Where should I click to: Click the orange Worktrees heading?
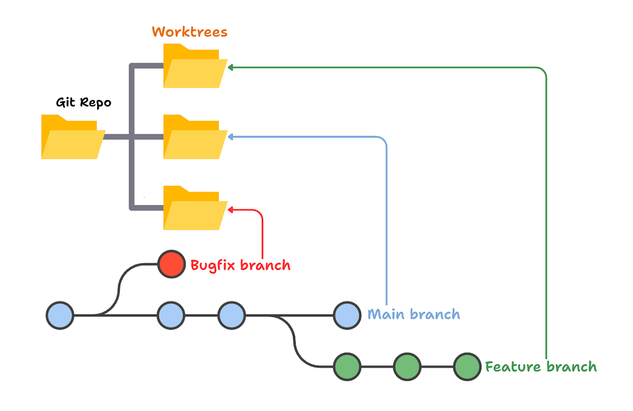coord(189,32)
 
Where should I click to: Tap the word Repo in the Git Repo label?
coord(97,102)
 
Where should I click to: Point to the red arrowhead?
coord(231,210)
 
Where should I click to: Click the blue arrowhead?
coord(231,137)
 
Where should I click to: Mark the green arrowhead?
coord(231,67)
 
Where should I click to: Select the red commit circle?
coord(172,264)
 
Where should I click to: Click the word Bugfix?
coord(213,265)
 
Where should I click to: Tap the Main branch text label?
coord(414,315)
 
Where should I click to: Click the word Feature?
coord(512,367)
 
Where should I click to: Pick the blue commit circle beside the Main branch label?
coord(347,316)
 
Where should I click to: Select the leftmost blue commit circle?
coord(60,316)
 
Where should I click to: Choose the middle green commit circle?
coord(407,367)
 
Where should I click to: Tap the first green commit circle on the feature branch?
coord(347,367)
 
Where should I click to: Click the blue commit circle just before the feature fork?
coord(232,316)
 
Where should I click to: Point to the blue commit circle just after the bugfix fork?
coord(171,316)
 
